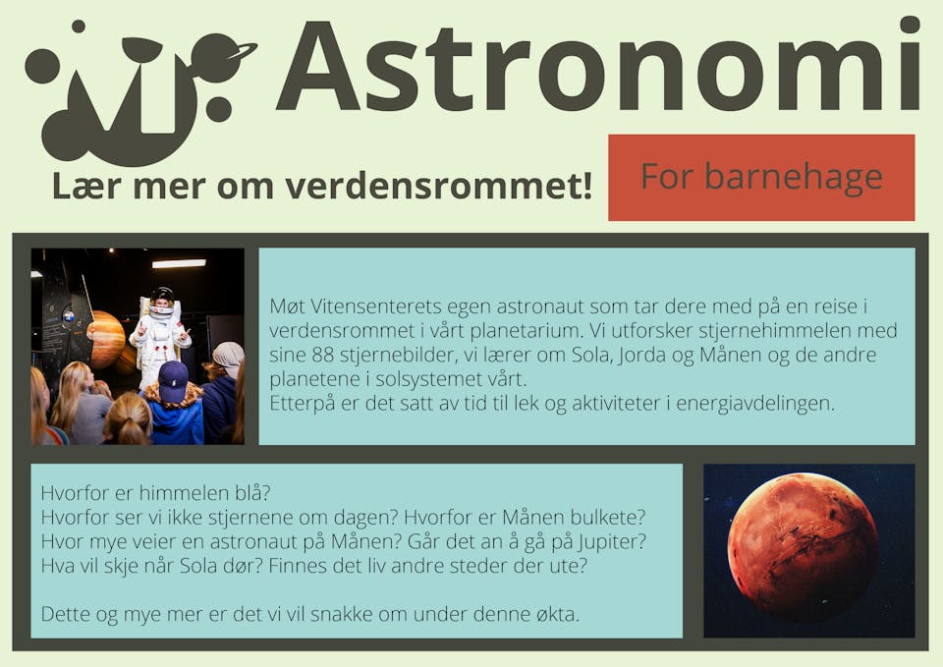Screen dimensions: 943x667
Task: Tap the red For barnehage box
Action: point(761,178)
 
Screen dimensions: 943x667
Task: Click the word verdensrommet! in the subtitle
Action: point(439,186)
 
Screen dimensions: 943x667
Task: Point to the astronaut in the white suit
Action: point(159,337)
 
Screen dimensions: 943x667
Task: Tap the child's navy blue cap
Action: point(173,381)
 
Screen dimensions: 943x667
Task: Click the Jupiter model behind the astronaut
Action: point(107,339)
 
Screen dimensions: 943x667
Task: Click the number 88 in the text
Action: point(322,355)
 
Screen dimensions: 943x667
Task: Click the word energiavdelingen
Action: point(755,404)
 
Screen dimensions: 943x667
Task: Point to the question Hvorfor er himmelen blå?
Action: point(156,493)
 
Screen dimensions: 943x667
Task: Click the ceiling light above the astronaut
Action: point(179,263)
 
